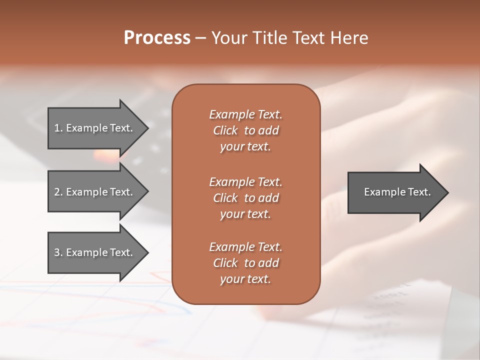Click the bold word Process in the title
157,38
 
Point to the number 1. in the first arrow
58,128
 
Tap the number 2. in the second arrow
58,192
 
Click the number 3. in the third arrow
58,252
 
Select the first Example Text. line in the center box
245,114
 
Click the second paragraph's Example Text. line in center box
245,182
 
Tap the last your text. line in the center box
245,279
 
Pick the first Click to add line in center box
245,130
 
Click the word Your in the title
229,38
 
